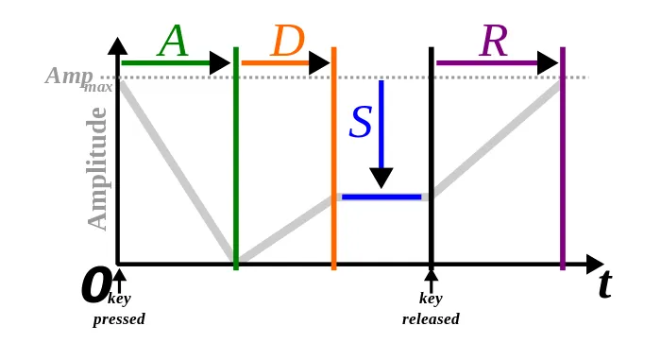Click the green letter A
tap(174, 42)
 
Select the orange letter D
tap(287, 43)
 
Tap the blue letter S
tap(361, 123)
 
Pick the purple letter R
tap(495, 43)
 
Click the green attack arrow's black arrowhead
tap(220, 63)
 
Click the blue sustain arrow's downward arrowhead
tap(381, 177)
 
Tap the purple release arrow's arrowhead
tap(549, 63)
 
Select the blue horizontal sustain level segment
tap(381, 197)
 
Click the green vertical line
tap(236, 161)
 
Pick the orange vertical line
tap(334, 161)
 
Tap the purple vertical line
tap(563, 161)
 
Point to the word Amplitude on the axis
tap(97, 168)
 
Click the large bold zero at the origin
tap(94, 285)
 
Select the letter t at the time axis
tap(604, 284)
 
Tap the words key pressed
tap(119, 310)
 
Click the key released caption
tap(431, 310)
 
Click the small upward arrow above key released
tap(432, 280)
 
